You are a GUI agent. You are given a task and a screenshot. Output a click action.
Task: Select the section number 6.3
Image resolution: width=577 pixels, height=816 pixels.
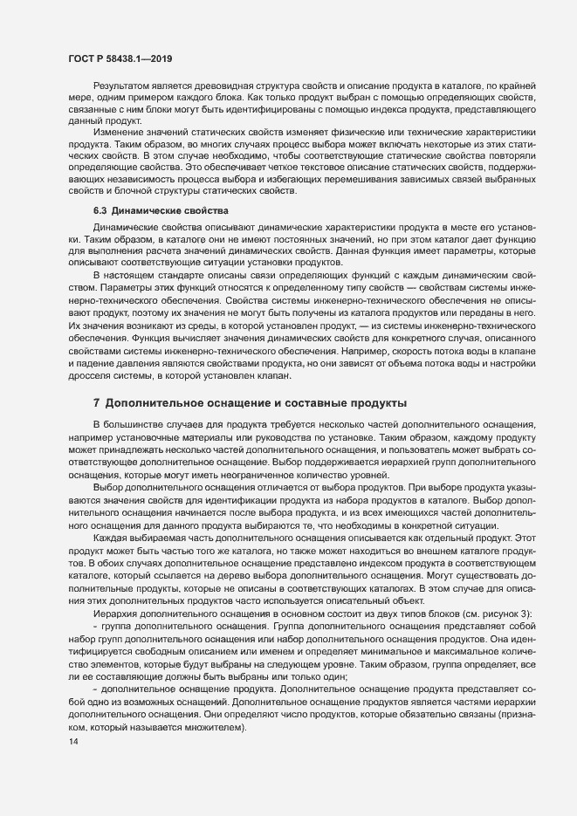click(x=100, y=236)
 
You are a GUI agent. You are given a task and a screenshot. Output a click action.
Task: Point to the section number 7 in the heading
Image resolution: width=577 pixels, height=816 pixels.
click(x=96, y=402)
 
